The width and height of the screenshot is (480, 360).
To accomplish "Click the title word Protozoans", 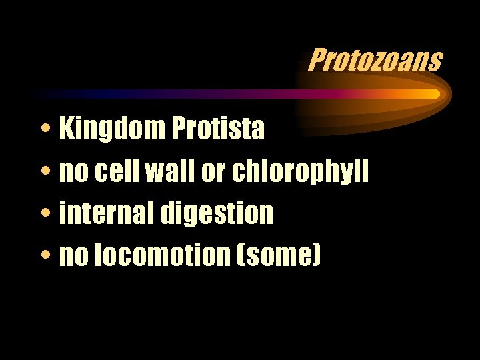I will tap(375, 60).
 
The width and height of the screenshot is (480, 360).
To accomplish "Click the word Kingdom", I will tap(112, 129).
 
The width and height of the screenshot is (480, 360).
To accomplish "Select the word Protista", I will tap(218, 129).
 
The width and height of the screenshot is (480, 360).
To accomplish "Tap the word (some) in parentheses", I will tap(284, 255).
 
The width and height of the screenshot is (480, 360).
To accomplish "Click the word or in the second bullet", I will tap(213, 173).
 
